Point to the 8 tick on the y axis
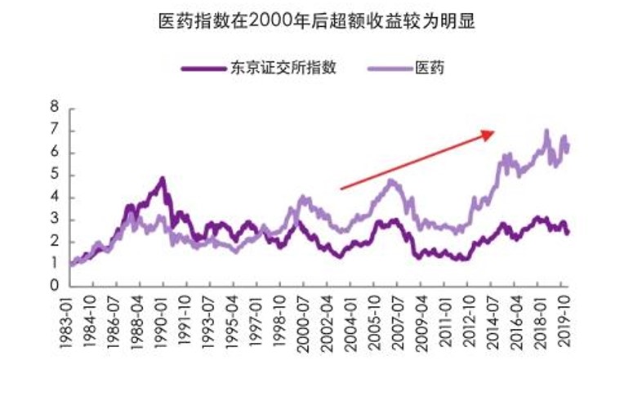point(55,108)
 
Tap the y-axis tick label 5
point(55,175)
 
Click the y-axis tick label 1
point(55,264)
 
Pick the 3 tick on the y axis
point(55,220)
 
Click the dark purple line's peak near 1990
point(163,178)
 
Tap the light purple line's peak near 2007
point(392,180)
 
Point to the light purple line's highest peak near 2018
point(546,131)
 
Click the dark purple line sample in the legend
point(203,68)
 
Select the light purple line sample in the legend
point(390,68)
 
